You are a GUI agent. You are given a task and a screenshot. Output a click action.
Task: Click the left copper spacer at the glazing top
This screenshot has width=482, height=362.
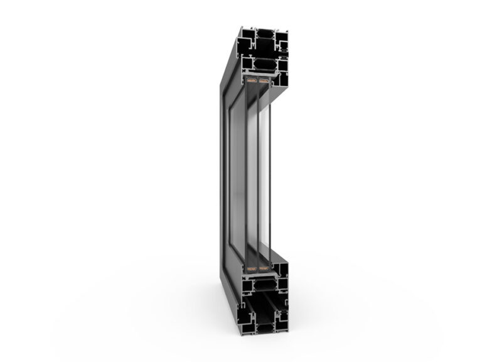[250, 80]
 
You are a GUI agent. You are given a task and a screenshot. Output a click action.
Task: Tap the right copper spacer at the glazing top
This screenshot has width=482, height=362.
[263, 80]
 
